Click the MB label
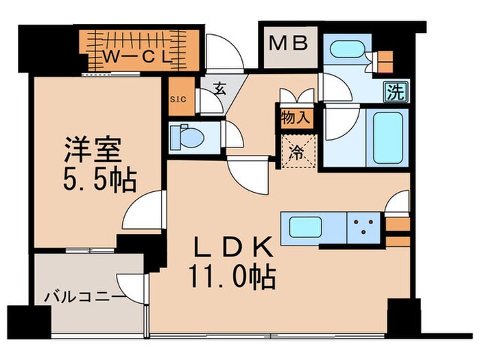tap(288, 43)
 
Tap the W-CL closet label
tap(137, 57)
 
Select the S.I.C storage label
tap(178, 99)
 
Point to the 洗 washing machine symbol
tap(397, 91)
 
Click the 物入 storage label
tap(296, 117)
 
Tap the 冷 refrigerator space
tap(298, 152)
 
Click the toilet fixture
tap(187, 137)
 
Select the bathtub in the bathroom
tap(387, 138)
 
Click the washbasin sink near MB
tap(347, 49)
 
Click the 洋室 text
tap(93, 150)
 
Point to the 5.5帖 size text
tap(99, 180)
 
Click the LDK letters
tap(234, 247)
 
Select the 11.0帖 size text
tap(232, 277)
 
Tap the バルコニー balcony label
tap(84, 297)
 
